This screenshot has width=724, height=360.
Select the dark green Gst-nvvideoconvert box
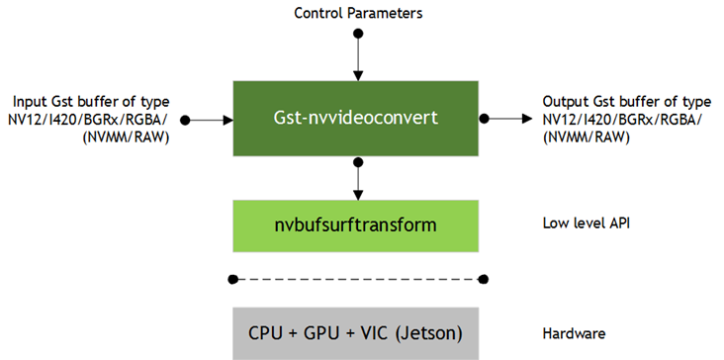pos(356,119)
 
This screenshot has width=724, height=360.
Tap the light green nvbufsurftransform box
pos(356,225)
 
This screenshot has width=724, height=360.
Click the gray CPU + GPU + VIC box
pos(356,332)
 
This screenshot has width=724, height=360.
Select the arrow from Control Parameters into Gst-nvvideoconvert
pos(357,57)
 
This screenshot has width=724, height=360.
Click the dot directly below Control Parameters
pos(357,34)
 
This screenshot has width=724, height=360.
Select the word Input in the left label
pos(28,102)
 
